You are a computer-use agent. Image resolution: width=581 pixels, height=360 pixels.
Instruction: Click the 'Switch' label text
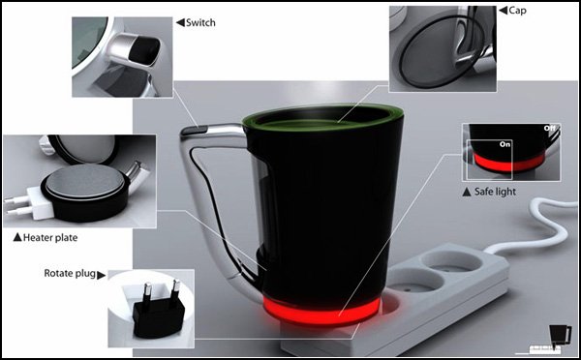[200, 22]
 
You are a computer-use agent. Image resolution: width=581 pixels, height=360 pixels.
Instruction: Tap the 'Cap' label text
[517, 11]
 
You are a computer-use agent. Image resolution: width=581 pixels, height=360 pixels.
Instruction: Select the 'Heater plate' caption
[50, 237]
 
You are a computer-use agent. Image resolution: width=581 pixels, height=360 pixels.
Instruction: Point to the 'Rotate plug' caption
[70, 273]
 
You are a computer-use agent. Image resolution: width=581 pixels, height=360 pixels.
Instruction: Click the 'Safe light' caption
[495, 192]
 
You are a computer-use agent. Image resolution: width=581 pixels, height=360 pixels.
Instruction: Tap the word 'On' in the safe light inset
[505, 144]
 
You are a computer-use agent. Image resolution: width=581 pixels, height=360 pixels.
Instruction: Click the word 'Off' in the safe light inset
[550, 128]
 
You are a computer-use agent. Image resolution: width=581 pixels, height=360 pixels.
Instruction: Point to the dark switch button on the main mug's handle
[194, 131]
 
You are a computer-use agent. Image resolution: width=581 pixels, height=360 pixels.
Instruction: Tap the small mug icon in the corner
[560, 336]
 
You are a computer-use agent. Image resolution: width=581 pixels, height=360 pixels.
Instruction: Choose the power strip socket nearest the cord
[453, 261]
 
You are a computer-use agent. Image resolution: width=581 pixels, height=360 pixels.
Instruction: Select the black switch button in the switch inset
[144, 50]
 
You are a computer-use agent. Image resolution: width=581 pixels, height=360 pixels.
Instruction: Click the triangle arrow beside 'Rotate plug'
[101, 275]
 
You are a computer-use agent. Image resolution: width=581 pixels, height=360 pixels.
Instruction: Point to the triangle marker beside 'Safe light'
[467, 192]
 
